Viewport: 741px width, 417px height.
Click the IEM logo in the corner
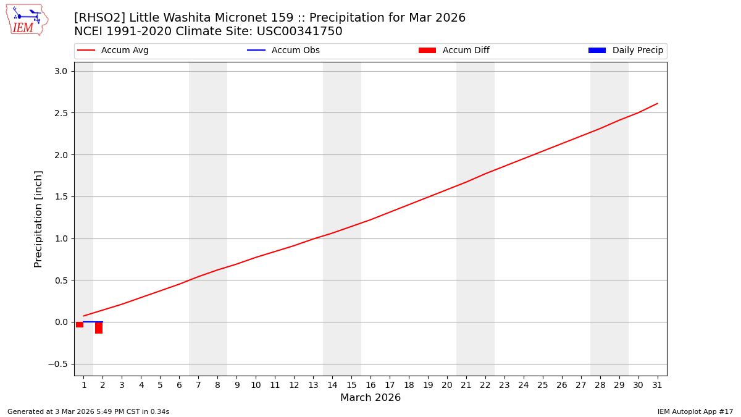[27, 20]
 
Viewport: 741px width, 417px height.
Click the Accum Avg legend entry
[114, 51]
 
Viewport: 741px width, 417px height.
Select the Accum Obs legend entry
[284, 51]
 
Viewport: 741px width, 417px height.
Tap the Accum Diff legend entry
[454, 51]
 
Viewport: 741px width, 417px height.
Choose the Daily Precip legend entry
[626, 51]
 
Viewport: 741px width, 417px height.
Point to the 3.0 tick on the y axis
[61, 71]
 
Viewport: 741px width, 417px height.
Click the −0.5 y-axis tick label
[57, 364]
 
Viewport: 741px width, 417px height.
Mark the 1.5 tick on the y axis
[61, 196]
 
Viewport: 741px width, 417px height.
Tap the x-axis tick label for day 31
[657, 385]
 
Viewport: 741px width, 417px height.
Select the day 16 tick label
[371, 385]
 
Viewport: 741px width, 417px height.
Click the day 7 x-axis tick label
[198, 385]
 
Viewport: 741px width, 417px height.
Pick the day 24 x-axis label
[524, 385]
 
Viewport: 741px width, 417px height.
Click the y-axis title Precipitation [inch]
[38, 219]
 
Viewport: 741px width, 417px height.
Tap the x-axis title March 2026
[371, 398]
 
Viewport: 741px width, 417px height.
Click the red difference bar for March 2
[99, 328]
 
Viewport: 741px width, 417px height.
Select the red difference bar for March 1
[80, 325]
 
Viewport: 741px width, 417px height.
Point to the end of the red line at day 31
[657, 103]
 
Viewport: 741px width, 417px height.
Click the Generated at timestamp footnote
[88, 411]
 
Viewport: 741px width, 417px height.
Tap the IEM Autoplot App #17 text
[695, 411]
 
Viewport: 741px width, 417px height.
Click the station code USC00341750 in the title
[299, 32]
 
